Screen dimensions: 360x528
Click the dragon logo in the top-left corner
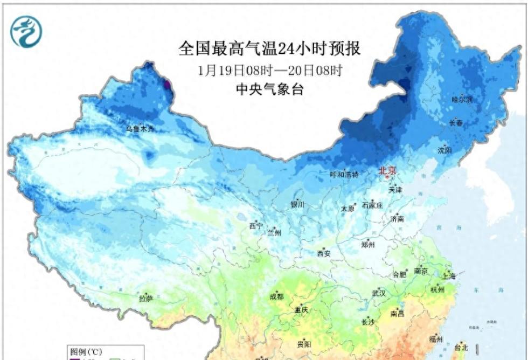25,31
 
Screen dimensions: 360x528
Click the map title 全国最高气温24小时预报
269,49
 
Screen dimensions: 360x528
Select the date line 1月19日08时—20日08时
270,71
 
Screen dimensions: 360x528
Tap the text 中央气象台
270,90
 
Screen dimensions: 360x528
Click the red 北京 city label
387,171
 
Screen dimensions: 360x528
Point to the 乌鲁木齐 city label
140,129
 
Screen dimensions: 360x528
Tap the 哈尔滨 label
461,100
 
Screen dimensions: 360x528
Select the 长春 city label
456,123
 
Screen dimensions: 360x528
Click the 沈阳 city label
445,150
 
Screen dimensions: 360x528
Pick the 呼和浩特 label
344,175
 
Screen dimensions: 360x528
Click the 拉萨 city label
146,298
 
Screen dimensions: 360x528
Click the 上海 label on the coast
448,276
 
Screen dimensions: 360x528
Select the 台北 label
462,346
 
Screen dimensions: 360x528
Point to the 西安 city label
323,253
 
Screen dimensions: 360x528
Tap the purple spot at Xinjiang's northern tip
167,84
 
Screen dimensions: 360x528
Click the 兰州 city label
274,233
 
